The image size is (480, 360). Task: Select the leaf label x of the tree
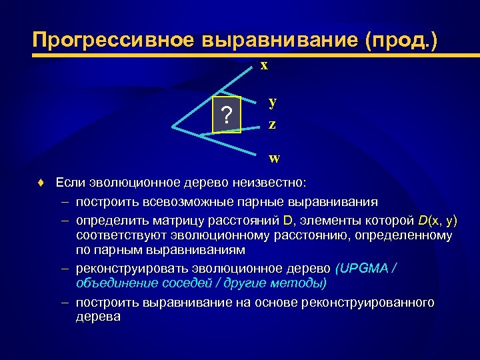(264, 65)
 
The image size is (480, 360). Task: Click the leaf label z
(273, 124)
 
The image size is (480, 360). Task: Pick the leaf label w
(274, 159)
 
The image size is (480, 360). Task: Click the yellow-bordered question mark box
(227, 116)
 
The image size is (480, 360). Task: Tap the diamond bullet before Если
(41, 183)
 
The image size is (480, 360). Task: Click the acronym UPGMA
(364, 268)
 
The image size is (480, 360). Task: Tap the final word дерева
(98, 317)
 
